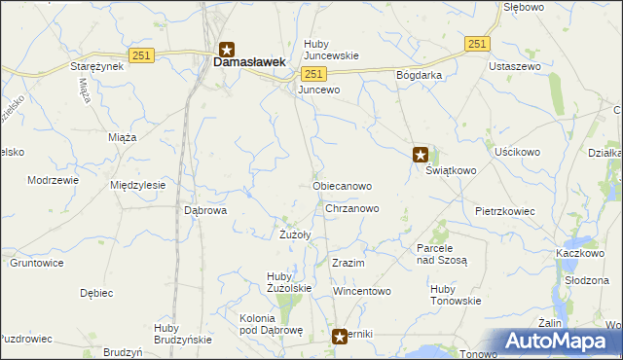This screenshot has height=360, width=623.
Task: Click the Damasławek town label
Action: pyautogui.click(x=249, y=61)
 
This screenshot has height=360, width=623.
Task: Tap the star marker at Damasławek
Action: pyautogui.click(x=226, y=48)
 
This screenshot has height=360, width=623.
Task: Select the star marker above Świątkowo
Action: pyautogui.click(x=421, y=153)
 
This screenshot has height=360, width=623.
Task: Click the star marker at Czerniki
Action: pyautogui.click(x=340, y=336)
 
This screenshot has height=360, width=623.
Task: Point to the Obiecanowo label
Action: pyautogui.click(x=342, y=185)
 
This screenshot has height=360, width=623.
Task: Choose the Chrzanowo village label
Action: pyautogui.click(x=351, y=208)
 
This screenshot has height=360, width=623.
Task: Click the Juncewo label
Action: pyautogui.click(x=319, y=90)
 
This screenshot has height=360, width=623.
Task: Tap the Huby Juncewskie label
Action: pyautogui.click(x=331, y=50)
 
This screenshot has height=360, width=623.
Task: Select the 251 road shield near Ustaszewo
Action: pyautogui.click(x=476, y=44)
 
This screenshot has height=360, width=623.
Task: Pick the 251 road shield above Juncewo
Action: pyautogui.click(x=312, y=74)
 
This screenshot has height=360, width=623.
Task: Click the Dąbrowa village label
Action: pyautogui.click(x=205, y=209)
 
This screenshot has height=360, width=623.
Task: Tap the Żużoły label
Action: pyautogui.click(x=295, y=234)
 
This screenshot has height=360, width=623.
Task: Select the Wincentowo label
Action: pyautogui.click(x=361, y=291)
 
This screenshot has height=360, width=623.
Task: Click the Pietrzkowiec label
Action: pyautogui.click(x=507, y=210)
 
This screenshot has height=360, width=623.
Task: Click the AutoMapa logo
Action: pyautogui.click(x=558, y=342)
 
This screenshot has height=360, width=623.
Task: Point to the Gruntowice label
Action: pyautogui.click(x=37, y=263)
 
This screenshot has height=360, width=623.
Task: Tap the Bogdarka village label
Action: pyautogui.click(x=420, y=75)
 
